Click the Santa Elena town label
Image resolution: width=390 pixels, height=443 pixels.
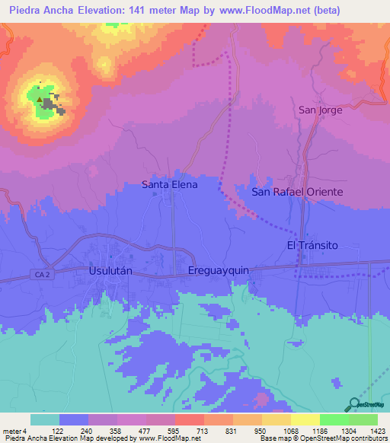pyautogui.click(x=170, y=184)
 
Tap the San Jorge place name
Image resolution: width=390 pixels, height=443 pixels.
pyautogui.click(x=320, y=110)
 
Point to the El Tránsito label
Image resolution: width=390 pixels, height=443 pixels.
pyautogui.click(x=312, y=244)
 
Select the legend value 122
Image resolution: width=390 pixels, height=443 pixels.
pyautogui.click(x=58, y=430)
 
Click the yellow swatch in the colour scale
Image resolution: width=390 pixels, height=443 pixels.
pyautogui.click(x=305, y=419)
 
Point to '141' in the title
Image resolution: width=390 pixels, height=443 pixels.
pyautogui.click(x=141, y=10)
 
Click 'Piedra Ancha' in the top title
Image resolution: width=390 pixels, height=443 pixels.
pyautogui.click(x=40, y=10)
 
